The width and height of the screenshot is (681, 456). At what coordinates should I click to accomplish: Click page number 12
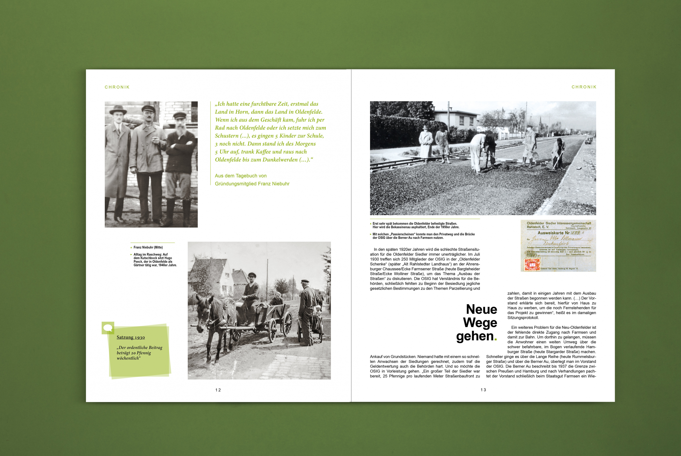click(x=218, y=390)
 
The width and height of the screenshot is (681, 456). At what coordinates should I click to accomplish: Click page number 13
click(x=483, y=390)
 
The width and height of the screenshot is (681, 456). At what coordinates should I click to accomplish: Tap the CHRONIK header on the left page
click(x=117, y=87)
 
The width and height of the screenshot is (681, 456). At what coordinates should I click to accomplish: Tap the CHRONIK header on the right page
click(x=584, y=87)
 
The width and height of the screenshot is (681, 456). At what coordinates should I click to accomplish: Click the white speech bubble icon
click(x=108, y=328)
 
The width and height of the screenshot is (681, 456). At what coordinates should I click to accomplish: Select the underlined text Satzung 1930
click(x=131, y=337)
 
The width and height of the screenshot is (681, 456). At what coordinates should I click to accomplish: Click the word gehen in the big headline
click(x=475, y=336)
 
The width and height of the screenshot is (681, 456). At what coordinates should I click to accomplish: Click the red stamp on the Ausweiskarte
click(x=532, y=264)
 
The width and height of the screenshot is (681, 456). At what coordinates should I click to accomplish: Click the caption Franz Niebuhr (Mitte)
click(x=148, y=248)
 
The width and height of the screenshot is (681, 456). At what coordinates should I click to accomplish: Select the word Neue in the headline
click(x=481, y=309)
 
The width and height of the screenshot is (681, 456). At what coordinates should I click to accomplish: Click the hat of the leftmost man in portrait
click(x=118, y=110)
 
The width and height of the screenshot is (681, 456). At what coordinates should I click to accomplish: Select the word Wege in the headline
click(x=480, y=323)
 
